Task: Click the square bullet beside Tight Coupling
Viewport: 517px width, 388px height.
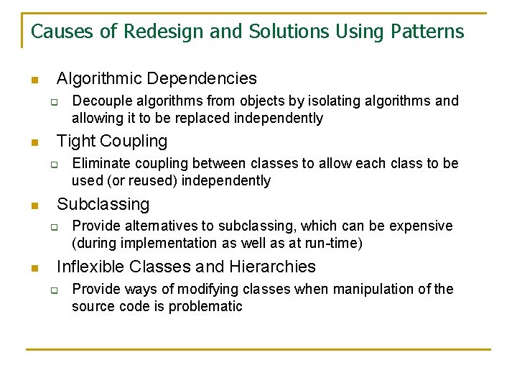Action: tap(33, 143)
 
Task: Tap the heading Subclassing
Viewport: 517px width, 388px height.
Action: tap(103, 204)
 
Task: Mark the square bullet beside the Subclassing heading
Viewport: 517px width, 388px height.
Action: tap(33, 205)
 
